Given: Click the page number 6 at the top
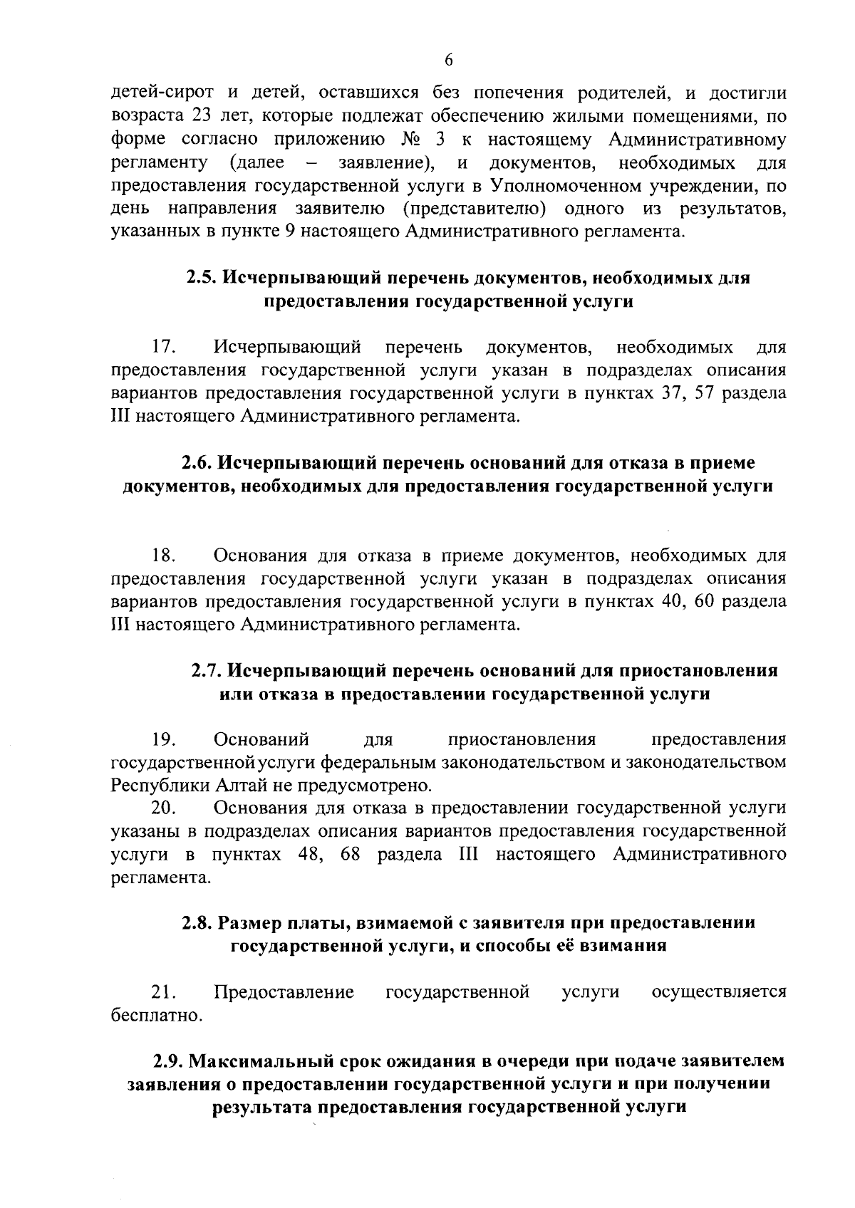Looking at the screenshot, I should pyautogui.click(x=448, y=61).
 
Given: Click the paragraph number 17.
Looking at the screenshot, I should pyautogui.click(x=164, y=348).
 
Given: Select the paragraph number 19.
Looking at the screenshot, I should pyautogui.click(x=164, y=739).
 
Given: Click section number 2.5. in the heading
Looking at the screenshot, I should pyautogui.click(x=202, y=278).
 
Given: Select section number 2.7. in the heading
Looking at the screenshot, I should pyautogui.click(x=207, y=671).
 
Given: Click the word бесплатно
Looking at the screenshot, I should pyautogui.click(x=157, y=1016).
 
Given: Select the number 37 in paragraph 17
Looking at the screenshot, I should pyautogui.click(x=666, y=394).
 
